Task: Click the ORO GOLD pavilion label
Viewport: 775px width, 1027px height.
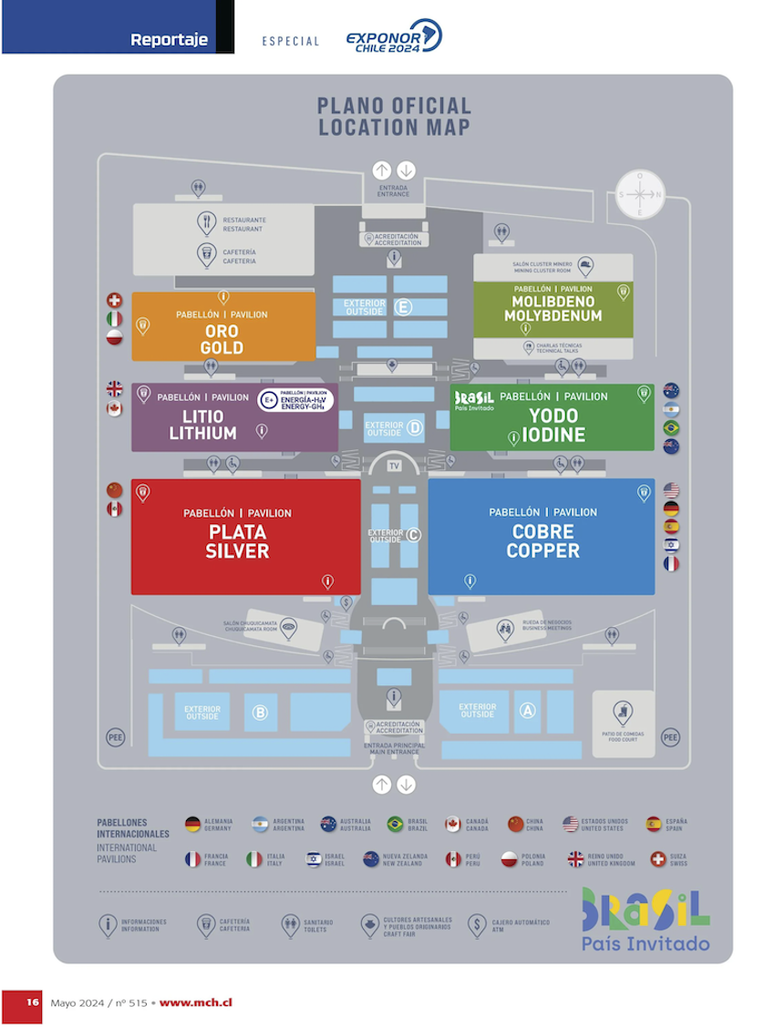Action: (222, 339)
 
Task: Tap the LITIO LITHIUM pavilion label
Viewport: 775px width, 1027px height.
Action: (202, 425)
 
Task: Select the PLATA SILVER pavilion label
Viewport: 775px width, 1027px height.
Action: (238, 541)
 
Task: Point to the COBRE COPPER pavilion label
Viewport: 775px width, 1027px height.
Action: (542, 541)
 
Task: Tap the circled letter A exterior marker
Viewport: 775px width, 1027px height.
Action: (527, 711)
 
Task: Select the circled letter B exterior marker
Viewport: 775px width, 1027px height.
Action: (260, 713)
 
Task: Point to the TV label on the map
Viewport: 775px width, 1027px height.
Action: (394, 467)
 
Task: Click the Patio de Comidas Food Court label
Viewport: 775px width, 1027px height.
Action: (625, 736)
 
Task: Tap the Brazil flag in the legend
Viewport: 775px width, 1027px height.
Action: (395, 824)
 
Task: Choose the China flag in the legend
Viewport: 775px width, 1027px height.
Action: (516, 824)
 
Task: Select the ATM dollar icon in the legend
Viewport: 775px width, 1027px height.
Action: (476, 925)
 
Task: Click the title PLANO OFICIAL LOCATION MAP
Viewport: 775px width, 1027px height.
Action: (394, 117)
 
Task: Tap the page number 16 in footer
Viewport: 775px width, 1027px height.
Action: (32, 1001)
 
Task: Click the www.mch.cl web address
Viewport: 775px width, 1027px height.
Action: (195, 1001)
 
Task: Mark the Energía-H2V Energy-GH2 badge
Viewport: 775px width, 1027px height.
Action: (295, 399)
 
